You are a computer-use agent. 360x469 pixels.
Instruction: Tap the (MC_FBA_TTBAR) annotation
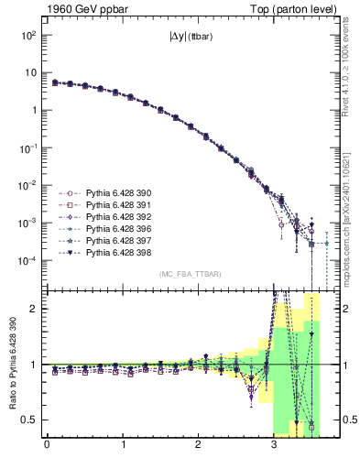pyautogui.click(x=190, y=275)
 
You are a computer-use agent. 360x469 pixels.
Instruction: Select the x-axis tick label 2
pyautogui.click(x=198, y=450)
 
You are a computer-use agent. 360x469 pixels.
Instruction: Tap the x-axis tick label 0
pyautogui.click(x=47, y=450)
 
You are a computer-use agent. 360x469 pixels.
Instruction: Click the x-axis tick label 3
pyautogui.click(x=274, y=450)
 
